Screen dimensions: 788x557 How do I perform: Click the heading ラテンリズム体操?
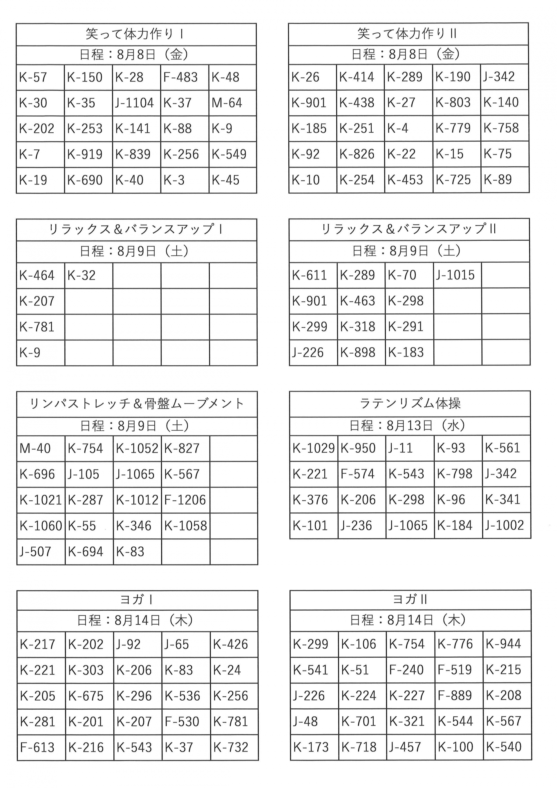pos(410,403)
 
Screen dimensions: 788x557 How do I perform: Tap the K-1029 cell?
pos(314,448)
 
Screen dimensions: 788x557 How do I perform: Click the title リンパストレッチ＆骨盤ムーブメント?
pos(137,404)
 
